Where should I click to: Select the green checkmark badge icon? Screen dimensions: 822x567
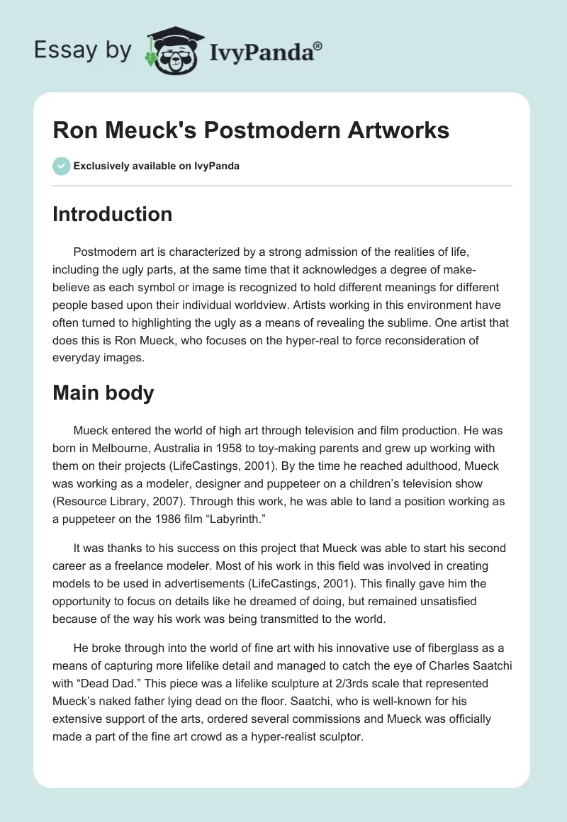pos(61,166)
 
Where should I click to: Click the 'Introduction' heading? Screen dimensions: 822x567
pos(112,215)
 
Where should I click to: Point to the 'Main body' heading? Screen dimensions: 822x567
pos(103,393)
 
